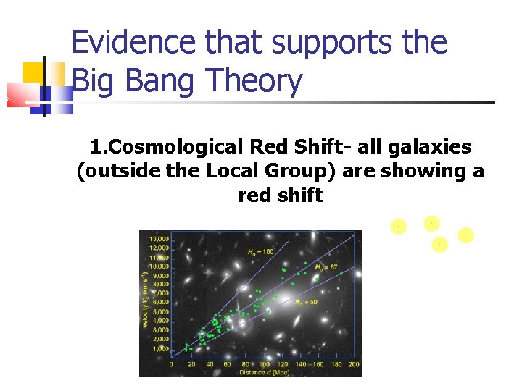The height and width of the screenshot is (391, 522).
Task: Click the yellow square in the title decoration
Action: coord(34,73)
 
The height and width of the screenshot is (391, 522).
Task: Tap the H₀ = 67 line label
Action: coord(326,267)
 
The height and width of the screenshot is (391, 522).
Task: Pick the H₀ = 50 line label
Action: coord(304,303)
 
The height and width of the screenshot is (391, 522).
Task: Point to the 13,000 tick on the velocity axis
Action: coord(159,238)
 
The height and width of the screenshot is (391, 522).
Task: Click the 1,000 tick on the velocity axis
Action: coord(161,349)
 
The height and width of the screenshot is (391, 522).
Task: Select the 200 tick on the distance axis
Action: coord(354,364)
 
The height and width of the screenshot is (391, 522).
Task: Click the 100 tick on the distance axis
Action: coord(263,364)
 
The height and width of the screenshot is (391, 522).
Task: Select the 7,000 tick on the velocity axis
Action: coord(161,293)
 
